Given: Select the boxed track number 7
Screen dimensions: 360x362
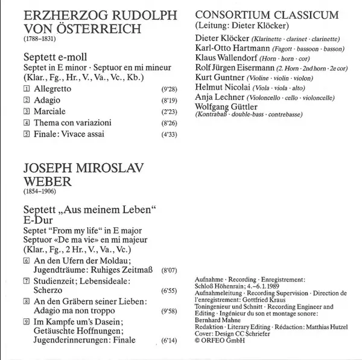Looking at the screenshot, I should coord(25,283).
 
